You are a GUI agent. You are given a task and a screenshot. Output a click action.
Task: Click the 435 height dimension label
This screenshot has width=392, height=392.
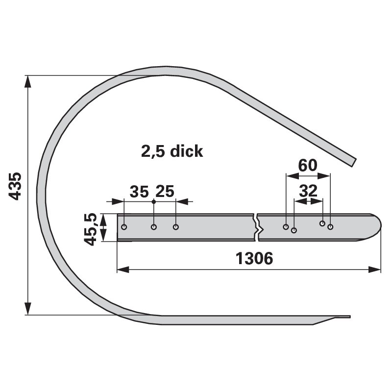coord(15,186)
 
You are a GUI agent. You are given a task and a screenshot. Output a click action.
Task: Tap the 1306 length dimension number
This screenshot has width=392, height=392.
coord(254,259)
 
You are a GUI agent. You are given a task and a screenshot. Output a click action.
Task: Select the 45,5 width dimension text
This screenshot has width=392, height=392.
coord(90,229)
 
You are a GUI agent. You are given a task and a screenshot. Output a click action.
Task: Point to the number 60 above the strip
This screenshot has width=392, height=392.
coord(308,165)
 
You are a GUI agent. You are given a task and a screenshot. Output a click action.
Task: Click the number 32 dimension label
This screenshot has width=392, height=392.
coord(308,191)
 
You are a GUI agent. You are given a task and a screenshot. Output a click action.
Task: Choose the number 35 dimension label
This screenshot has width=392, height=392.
coord(139,192)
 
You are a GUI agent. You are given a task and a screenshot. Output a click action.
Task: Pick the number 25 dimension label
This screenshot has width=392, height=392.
coord(165,191)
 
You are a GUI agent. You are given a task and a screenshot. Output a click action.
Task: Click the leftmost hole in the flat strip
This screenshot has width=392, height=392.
coord(124,227)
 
